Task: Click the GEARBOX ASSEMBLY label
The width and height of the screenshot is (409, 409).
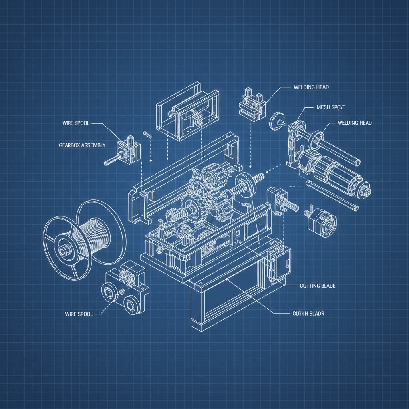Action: point(82,145)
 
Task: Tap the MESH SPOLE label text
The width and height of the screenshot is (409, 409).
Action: point(330,107)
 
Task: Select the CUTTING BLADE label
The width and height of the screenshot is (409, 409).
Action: point(317,286)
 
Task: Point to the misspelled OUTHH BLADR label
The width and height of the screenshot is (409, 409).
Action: point(306,314)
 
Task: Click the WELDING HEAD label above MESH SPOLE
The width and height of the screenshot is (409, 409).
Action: point(311,87)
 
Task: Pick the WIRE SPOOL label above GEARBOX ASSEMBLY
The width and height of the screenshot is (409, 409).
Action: point(76,123)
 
